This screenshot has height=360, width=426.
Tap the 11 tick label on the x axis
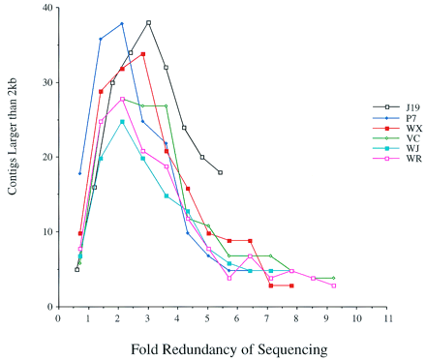click(x=387, y=316)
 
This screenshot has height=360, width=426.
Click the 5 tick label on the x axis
click(x=208, y=316)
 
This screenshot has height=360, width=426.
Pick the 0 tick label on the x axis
click(x=58, y=316)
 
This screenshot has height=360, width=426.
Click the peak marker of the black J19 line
click(x=148, y=22)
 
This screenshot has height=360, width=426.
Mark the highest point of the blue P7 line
click(x=122, y=24)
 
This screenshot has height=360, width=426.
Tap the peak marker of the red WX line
click(x=143, y=54)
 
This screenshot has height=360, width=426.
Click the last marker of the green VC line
click(x=334, y=278)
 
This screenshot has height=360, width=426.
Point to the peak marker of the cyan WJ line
click(x=122, y=122)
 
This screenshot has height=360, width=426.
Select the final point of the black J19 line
click(x=221, y=172)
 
